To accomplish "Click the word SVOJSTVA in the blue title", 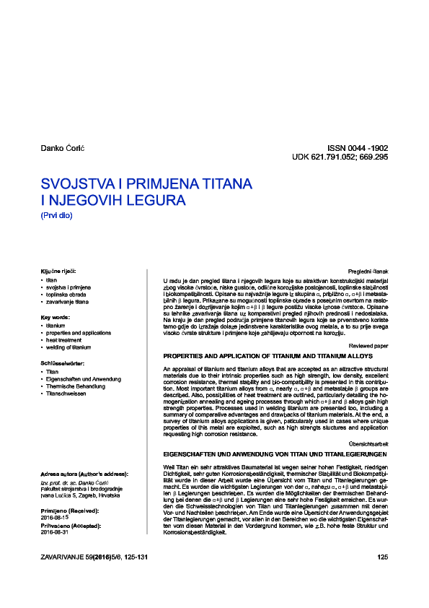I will pyautogui.click(x=80, y=184).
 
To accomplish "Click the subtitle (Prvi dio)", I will pyautogui.click(x=57, y=215).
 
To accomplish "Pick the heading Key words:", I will pyautogui.click(x=57, y=318).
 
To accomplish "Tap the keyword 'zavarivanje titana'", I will pyautogui.click(x=68, y=301).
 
